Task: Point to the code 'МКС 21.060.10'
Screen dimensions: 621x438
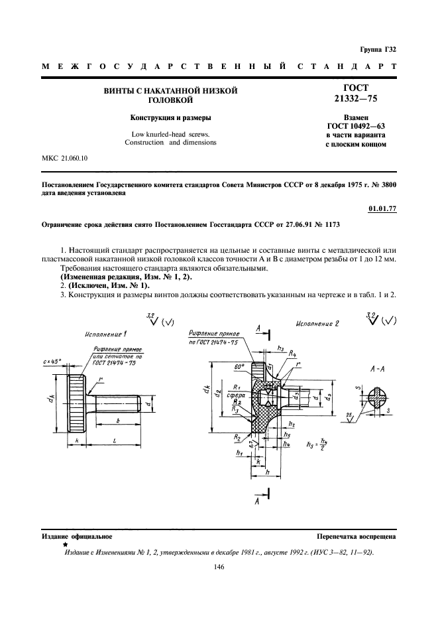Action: (x=65, y=157)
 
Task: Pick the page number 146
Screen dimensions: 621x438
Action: (x=219, y=567)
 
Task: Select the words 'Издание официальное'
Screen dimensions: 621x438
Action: (x=77, y=535)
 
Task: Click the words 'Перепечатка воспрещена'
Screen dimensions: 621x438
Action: (x=356, y=535)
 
